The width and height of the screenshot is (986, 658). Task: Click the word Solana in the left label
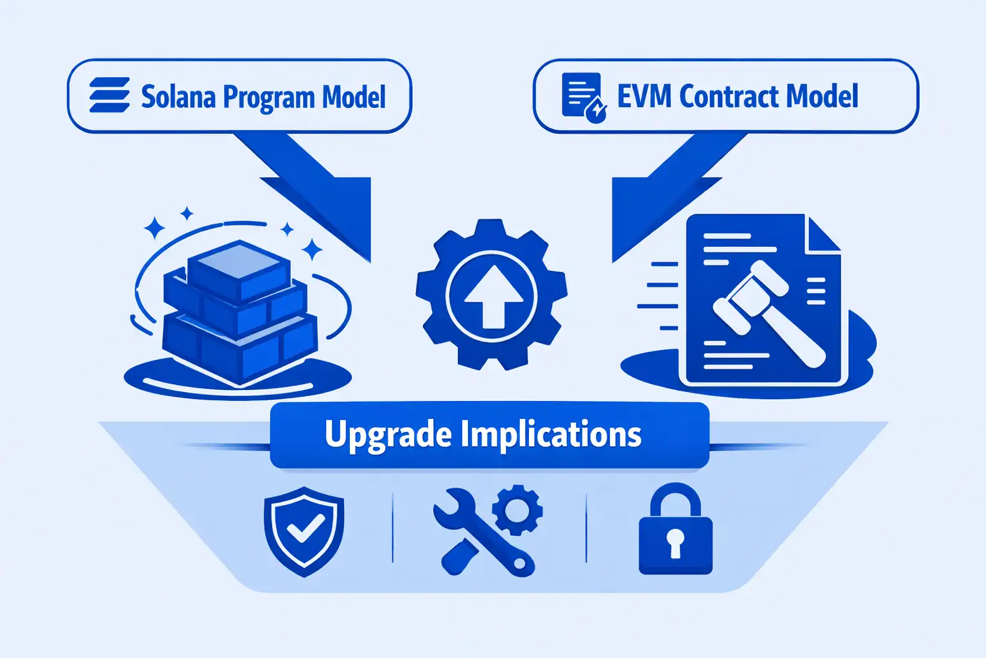178,97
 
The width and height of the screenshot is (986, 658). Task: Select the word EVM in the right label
644,96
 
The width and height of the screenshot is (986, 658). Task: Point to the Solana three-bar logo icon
110,96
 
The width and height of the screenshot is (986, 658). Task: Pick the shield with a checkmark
304,530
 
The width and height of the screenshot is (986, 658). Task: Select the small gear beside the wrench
517,510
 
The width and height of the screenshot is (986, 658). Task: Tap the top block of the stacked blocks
239,267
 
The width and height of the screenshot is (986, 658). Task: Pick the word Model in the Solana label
354,97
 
